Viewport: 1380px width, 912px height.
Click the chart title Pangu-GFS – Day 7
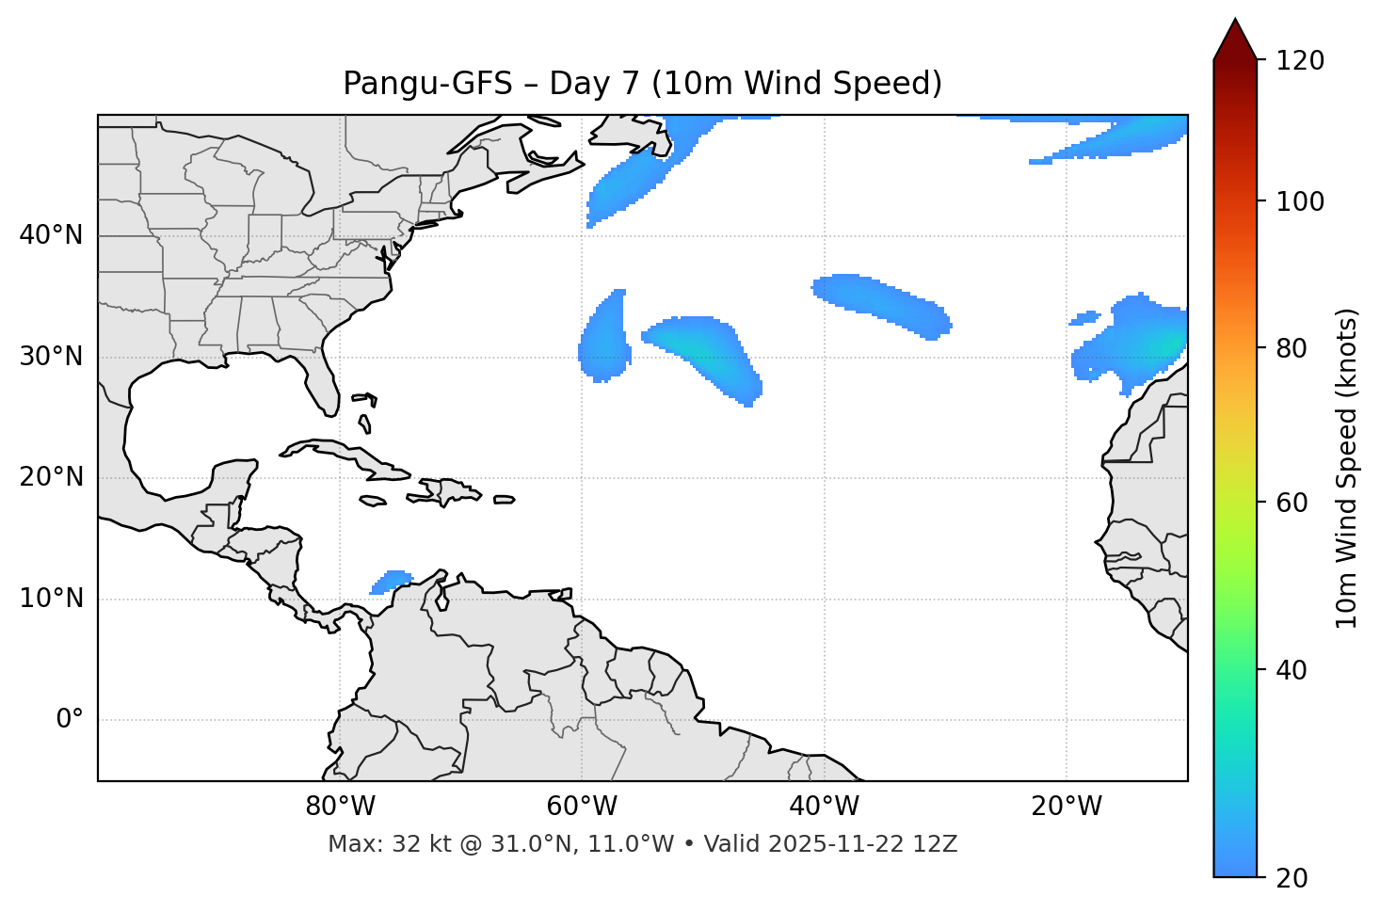coord(642,84)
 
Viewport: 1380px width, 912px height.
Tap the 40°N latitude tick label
coord(51,235)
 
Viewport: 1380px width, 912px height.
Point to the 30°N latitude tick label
coord(51,357)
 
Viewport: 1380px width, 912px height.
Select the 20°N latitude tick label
coord(51,477)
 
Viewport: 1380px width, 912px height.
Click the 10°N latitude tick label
coord(51,599)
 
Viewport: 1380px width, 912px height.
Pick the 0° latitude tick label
coord(70,720)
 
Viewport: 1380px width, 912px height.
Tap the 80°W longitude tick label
coord(340,807)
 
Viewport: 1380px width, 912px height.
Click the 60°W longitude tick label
coord(582,807)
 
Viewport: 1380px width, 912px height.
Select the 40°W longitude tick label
coord(824,807)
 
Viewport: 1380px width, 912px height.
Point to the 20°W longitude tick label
coord(1067,807)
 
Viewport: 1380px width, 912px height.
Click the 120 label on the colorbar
coord(1300,61)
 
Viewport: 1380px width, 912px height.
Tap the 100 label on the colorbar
coord(1300,201)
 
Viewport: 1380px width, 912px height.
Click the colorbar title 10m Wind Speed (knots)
coord(1346,468)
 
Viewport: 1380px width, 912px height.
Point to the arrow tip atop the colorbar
coord(1235,21)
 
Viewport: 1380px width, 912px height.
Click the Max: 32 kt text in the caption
coord(382,844)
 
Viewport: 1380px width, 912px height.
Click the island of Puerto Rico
coord(505,500)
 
